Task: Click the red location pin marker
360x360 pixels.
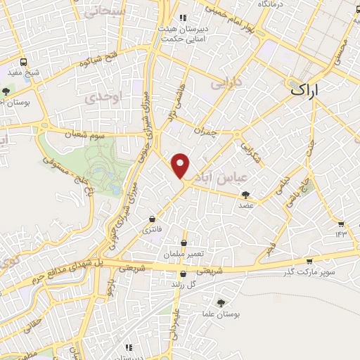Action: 181,166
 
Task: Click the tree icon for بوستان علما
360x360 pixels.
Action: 222,302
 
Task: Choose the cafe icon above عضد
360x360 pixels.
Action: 245,195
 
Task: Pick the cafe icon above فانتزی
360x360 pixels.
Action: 153,220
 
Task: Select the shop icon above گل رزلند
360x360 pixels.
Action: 183,275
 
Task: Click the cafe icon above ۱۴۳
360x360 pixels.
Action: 341,224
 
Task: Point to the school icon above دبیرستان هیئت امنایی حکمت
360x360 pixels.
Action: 183,18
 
